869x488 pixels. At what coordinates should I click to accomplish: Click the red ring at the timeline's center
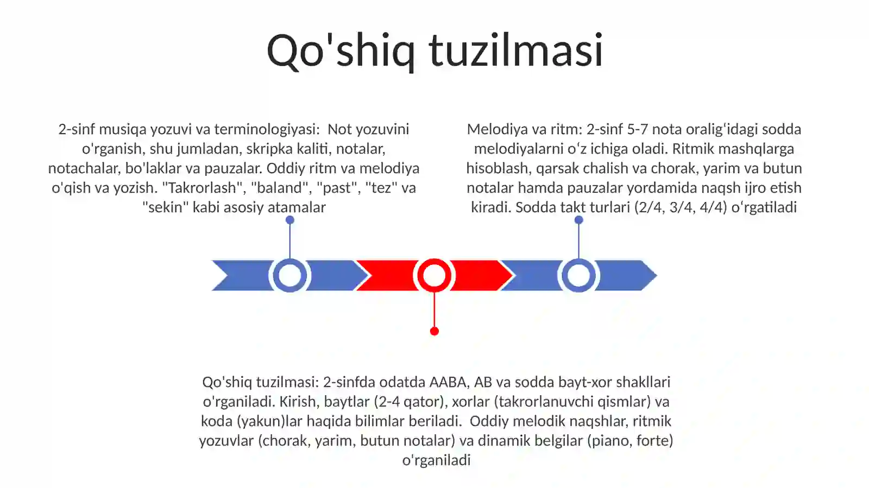point(434,276)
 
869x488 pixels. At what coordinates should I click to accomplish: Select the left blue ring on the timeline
point(289,276)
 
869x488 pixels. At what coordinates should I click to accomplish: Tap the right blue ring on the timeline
point(578,276)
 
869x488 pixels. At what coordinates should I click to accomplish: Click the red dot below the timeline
point(434,331)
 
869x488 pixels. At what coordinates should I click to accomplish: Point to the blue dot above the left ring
point(289,220)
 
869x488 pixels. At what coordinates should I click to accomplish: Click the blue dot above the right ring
point(578,220)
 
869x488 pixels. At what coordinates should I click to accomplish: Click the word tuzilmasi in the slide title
point(516,50)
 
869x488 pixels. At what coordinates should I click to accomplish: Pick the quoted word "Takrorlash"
point(204,188)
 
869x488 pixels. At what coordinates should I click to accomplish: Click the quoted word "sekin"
point(165,207)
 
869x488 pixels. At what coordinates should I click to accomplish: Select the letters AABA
point(448,382)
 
